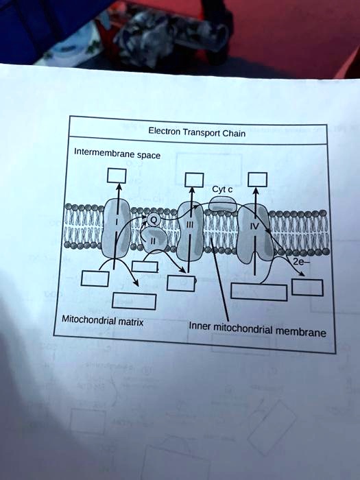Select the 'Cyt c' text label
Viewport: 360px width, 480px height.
pos(222,189)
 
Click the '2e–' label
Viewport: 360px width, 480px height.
pos(299,262)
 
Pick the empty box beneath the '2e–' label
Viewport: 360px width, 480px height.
pos(307,287)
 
